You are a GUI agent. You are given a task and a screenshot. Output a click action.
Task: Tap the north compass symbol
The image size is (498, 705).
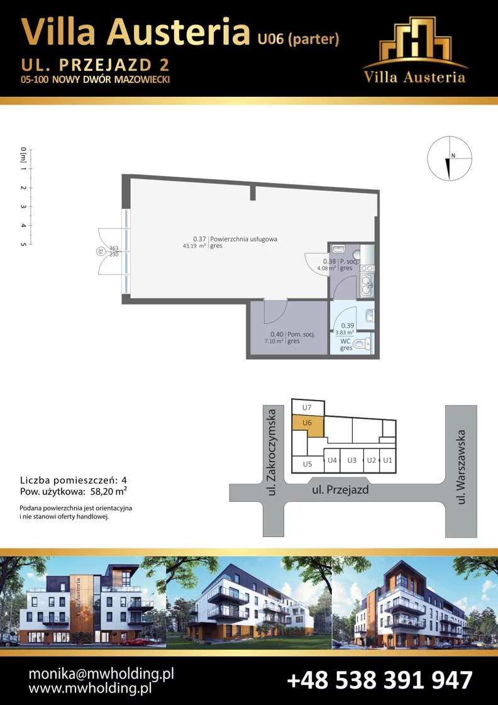450,158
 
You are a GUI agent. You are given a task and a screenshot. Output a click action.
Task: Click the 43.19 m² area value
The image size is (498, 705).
194,246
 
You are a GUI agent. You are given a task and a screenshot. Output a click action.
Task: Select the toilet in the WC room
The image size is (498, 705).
362,345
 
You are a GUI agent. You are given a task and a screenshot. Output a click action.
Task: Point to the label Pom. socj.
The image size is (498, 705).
301,334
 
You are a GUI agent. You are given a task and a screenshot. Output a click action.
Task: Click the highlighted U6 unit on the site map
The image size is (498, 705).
307,425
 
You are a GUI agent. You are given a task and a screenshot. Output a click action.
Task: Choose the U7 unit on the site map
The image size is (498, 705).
307,407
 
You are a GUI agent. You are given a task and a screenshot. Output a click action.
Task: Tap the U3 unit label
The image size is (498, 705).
352,460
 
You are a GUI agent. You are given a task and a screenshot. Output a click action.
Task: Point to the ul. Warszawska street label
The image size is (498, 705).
461,467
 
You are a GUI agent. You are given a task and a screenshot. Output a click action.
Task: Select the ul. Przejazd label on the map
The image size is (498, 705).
340,490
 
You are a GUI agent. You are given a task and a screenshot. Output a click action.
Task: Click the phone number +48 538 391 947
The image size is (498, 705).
380,679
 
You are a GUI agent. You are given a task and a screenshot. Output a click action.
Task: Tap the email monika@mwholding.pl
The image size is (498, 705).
101,674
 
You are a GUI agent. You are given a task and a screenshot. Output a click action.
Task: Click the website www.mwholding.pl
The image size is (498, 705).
90,688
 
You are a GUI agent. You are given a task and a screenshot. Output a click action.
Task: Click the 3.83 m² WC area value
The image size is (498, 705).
345,333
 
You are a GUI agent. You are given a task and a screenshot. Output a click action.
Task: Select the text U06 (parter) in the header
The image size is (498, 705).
298,39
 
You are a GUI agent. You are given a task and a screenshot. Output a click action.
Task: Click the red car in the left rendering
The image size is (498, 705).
135,641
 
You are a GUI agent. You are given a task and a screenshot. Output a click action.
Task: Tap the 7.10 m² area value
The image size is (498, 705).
274,341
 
